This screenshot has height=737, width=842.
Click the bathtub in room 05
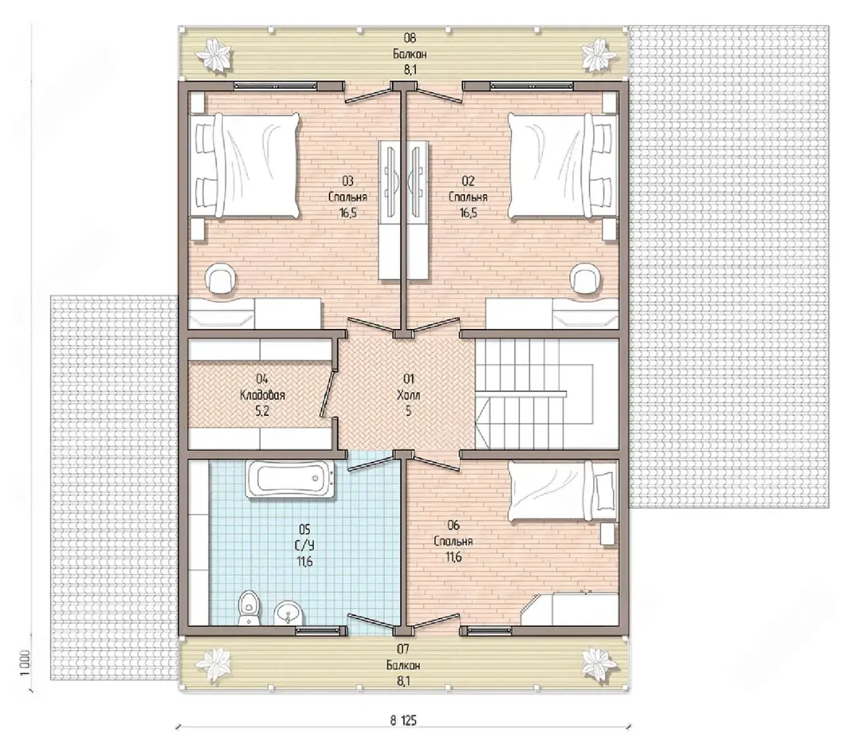[290, 478]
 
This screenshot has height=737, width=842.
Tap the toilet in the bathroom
[249, 608]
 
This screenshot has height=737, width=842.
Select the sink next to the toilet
[289, 613]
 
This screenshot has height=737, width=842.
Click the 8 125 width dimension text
[403, 721]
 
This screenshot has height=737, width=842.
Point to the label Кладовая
[262, 395]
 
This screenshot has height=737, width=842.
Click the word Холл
[409, 395]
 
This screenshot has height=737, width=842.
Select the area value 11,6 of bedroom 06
[453, 557]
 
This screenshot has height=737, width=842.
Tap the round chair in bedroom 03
[220, 278]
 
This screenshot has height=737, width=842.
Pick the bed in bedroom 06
[562, 491]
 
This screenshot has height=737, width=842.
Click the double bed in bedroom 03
[244, 166]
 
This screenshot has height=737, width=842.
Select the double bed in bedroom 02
[563, 166]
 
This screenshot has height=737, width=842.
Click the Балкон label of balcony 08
[409, 54]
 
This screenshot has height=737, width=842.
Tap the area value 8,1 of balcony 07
[403, 681]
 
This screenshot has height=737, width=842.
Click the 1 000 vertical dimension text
[26, 662]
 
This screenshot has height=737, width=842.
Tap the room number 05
[305, 528]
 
